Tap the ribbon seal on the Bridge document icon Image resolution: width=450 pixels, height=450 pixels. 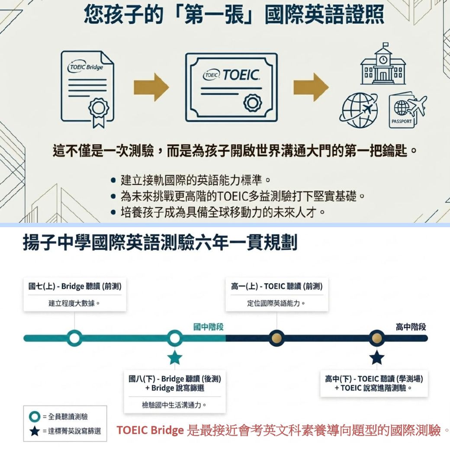click(x=99, y=113)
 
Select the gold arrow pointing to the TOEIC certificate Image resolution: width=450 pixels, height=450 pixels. click(x=151, y=87)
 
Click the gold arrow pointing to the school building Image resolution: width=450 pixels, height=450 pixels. click(x=311, y=87)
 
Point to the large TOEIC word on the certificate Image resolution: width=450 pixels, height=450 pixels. click(x=241, y=75)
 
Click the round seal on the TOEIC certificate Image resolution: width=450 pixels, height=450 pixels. click(x=253, y=103)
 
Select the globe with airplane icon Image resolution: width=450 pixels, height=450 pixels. click(x=359, y=110)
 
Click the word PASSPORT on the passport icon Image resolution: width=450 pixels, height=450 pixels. click(x=402, y=122)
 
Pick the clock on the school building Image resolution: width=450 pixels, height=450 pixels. click(x=383, y=60)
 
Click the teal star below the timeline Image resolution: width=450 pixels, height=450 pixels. click(x=174, y=358)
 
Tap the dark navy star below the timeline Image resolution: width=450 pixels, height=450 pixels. click(x=376, y=358)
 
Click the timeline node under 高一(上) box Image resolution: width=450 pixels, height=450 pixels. click(x=276, y=338)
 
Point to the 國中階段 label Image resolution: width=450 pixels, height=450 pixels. click(x=209, y=327)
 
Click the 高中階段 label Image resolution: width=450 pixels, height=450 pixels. click(x=411, y=327)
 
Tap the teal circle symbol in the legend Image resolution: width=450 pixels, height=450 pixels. click(x=35, y=416)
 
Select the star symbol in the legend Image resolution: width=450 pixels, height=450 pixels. click(x=35, y=431)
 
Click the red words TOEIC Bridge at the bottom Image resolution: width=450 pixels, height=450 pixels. click(x=150, y=430)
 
